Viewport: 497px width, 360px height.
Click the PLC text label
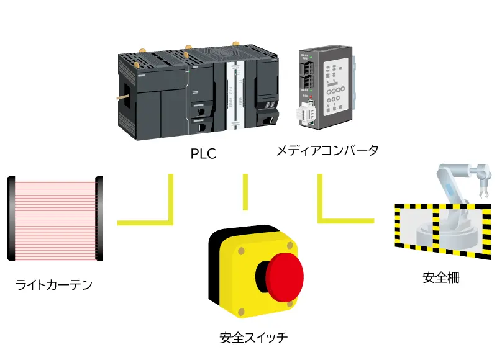(203, 153)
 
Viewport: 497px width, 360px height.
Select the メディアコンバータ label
(327, 150)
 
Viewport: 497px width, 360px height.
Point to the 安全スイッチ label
(254, 338)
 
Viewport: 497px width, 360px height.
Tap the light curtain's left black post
(11, 217)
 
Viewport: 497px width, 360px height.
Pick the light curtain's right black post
(99, 217)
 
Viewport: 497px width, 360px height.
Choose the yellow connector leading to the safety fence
(342, 218)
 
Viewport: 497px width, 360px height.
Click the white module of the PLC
(235, 96)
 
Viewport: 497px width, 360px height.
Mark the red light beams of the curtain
(55, 217)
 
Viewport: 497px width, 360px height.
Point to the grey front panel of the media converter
(336, 87)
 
